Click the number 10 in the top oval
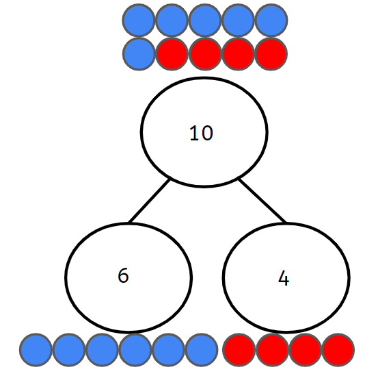[201, 133]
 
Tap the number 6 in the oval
[123, 275]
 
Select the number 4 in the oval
[284, 278]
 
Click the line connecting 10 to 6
[149, 200]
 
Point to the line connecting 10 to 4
[262, 200]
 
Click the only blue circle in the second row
[139, 54]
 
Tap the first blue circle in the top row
[139, 21]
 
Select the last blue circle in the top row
[271, 21]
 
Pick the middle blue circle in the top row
[205, 21]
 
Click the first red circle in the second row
[172, 54]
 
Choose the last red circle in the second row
[271, 54]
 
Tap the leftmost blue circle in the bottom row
[36, 350]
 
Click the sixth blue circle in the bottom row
[202, 350]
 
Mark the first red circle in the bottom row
[239, 350]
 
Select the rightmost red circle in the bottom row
[338, 350]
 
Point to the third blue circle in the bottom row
[102, 350]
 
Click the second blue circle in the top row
[172, 21]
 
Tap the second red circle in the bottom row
[272, 350]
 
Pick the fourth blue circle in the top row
[238, 21]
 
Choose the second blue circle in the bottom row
[69, 350]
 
